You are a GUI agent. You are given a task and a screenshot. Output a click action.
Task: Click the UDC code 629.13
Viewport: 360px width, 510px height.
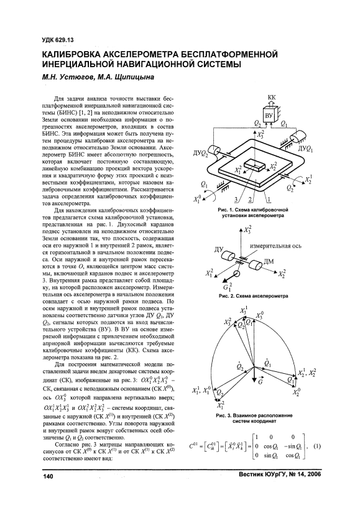coord(66,40)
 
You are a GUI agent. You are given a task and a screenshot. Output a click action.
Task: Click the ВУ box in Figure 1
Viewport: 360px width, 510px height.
coord(269,116)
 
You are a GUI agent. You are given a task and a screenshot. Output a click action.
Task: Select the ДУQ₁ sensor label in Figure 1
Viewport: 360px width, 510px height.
coord(306,150)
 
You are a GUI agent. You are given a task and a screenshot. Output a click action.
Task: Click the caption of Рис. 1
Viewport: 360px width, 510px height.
coord(253,212)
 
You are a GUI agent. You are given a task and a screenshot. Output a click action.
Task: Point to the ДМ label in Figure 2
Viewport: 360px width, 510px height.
coord(268,261)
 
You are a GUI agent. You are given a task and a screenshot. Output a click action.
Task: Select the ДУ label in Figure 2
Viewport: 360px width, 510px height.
coord(218,249)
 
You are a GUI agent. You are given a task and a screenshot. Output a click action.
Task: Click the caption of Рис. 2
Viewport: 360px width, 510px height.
coord(253,296)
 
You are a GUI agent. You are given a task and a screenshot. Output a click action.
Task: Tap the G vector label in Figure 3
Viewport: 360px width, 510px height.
coord(260,382)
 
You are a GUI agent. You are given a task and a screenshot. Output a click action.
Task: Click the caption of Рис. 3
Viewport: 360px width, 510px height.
coord(254,419)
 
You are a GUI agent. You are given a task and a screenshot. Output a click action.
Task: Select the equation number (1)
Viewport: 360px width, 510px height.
coord(317,447)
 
